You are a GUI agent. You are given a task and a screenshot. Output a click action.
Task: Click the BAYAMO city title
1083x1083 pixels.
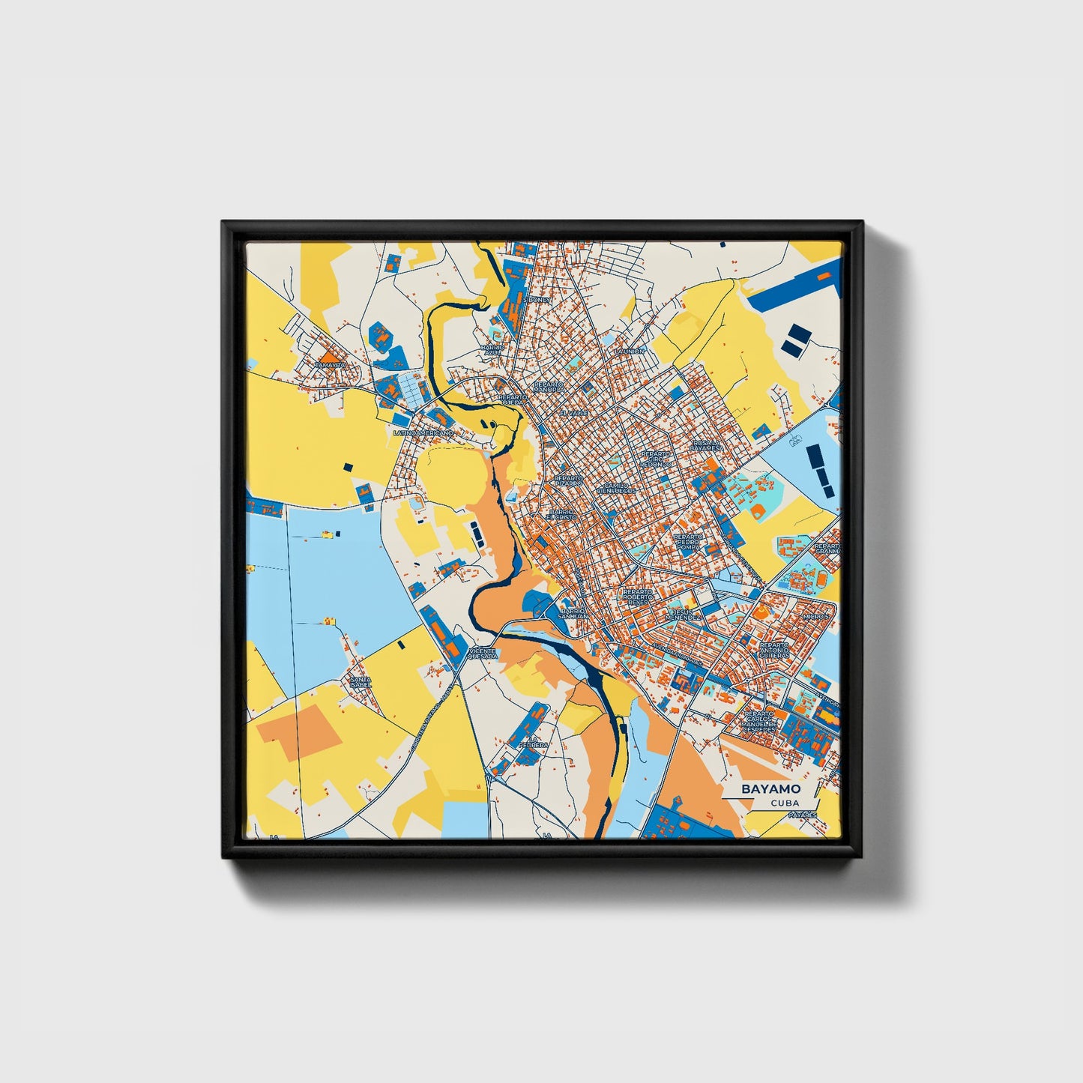[x=770, y=788]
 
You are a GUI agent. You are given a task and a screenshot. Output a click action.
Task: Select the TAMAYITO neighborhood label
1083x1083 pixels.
[x=331, y=365]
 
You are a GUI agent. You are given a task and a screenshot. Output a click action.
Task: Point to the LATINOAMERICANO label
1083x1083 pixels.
[x=424, y=433]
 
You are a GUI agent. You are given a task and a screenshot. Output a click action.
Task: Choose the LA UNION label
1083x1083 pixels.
[x=628, y=351]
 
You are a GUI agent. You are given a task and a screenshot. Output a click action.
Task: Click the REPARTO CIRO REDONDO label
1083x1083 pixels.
[x=657, y=459]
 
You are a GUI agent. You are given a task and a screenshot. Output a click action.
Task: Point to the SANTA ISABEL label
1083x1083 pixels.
[x=361, y=682]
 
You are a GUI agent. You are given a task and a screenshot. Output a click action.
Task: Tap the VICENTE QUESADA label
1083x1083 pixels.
[x=482, y=654]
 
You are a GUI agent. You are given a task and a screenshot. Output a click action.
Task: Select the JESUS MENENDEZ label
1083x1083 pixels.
[x=685, y=615]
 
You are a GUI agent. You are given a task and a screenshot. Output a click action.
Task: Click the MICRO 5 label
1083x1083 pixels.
[x=815, y=616]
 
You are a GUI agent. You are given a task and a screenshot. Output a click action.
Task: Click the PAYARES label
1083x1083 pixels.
[x=803, y=814]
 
